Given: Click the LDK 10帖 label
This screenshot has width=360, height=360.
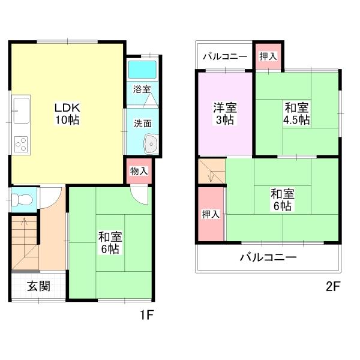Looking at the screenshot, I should pyautogui.click(x=67, y=113).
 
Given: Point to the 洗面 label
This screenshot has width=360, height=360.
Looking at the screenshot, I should pyautogui.click(x=142, y=124).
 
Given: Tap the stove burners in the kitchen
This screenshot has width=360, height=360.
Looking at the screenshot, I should pyautogui.click(x=22, y=145).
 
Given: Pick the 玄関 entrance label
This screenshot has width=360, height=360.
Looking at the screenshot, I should pyautogui.click(x=38, y=286).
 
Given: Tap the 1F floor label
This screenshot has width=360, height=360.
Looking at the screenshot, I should pyautogui.click(x=147, y=314).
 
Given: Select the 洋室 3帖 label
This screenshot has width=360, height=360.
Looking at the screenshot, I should pyautogui.click(x=225, y=114).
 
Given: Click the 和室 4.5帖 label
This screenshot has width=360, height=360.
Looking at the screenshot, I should pyautogui.click(x=296, y=114).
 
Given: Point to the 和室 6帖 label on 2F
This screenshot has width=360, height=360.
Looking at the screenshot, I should pyautogui.click(x=282, y=200).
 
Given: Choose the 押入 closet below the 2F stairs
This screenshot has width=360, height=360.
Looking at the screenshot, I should pyautogui.click(x=210, y=214).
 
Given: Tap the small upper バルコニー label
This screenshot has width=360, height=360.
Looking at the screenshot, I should pyautogui.click(x=224, y=57).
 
